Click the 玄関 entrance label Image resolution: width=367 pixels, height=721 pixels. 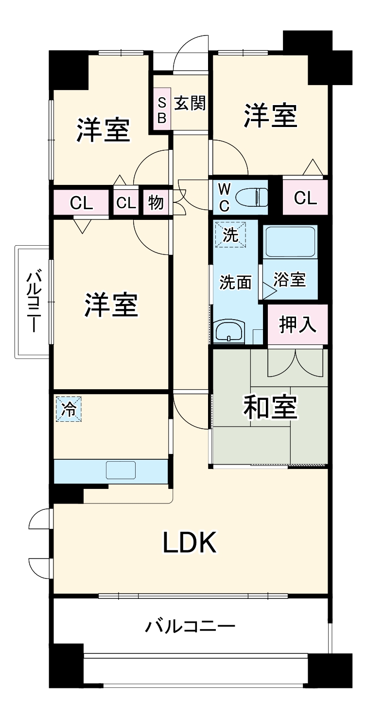click(190, 103)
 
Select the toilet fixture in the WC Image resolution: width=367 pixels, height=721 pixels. click(251, 198)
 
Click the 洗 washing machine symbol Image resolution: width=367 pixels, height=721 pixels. click(230, 235)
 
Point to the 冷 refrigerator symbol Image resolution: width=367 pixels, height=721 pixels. click(68, 410)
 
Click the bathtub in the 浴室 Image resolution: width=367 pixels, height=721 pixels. click(290, 242)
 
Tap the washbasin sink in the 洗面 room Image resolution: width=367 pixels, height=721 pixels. click(228, 332)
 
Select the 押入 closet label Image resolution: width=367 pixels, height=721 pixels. click(297, 325)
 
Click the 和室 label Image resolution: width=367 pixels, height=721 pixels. click(270, 408)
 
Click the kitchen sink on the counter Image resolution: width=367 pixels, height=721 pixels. click(121, 471)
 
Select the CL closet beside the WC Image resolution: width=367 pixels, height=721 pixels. click(305, 198)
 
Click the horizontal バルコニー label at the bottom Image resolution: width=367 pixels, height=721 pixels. click(191, 626)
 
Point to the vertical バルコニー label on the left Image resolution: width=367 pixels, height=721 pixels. click(32, 302)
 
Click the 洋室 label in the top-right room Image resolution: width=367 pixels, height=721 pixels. click(270, 115)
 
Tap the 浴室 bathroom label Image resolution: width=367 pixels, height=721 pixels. click(290, 280)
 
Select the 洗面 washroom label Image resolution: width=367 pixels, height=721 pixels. click(235, 282)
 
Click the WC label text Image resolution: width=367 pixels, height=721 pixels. click(224, 197)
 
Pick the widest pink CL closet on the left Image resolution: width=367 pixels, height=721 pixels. click(81, 203)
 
